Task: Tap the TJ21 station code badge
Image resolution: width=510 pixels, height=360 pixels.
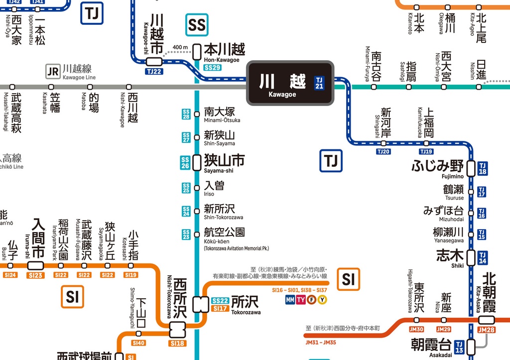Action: (x=319, y=83)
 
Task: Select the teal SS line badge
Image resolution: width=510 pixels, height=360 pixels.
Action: (x=197, y=25)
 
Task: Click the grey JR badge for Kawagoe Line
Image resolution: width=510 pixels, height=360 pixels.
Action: (x=53, y=71)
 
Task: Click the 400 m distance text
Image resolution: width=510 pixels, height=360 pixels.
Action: (x=180, y=48)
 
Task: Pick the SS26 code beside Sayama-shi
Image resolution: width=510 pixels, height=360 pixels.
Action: (x=186, y=162)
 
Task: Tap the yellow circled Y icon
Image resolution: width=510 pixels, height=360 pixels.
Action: (x=322, y=299)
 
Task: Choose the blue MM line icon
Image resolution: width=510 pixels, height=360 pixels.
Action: (x=290, y=299)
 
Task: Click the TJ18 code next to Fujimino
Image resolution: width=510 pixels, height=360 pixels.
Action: (x=482, y=169)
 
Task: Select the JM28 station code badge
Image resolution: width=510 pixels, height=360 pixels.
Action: (x=486, y=330)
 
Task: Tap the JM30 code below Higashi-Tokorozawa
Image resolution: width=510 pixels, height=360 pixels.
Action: (x=416, y=330)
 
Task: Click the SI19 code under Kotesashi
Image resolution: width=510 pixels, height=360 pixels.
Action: (x=131, y=275)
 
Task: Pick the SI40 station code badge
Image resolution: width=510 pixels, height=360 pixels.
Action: (x=138, y=343)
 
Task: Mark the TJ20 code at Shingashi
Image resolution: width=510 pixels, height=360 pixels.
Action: (x=383, y=151)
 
